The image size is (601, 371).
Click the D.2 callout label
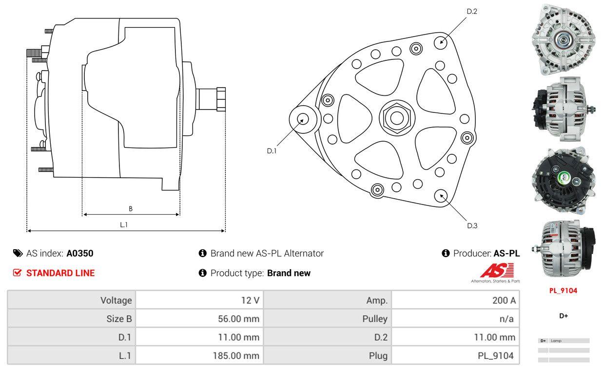(471, 11)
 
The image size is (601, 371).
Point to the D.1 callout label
(271, 151)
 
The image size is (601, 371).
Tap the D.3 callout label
(472, 225)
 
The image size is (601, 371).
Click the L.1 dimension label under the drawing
(124, 224)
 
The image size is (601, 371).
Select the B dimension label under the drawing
(130, 209)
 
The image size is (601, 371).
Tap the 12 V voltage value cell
(250, 300)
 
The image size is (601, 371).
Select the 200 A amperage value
(504, 300)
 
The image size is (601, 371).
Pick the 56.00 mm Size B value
(238, 319)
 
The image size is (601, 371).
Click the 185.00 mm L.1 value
(235, 356)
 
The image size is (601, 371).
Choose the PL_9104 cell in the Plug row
(495, 356)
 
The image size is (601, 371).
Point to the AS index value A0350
(80, 253)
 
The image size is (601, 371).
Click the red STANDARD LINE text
(60, 273)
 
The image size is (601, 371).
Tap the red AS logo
(496, 270)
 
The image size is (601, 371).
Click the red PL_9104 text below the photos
(563, 291)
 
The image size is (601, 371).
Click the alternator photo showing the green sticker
(563, 180)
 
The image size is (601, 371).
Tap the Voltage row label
(116, 300)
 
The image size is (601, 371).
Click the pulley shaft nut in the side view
(220, 99)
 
